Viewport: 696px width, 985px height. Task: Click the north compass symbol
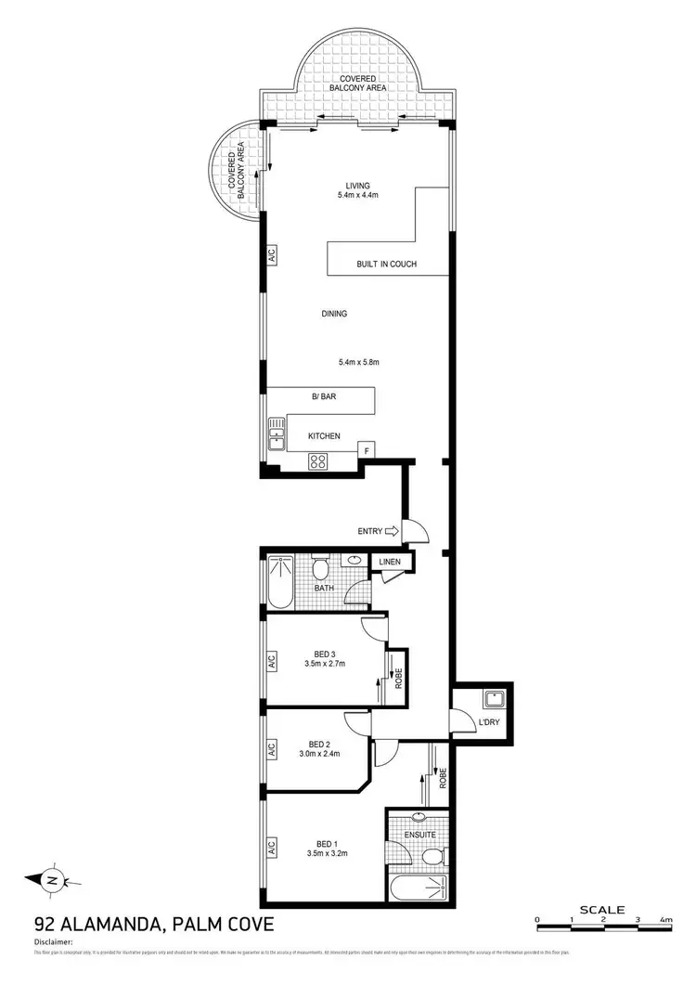point(53,879)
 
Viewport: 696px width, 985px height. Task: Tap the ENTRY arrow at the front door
point(391,531)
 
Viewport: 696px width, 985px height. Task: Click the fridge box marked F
point(367,451)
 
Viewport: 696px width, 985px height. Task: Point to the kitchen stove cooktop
point(317,460)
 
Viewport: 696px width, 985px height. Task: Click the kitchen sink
point(276,434)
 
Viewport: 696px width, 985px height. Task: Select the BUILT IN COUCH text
point(386,265)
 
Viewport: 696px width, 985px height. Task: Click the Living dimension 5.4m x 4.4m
point(358,196)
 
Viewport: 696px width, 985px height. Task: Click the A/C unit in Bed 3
point(272,662)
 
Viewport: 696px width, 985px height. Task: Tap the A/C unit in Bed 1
point(272,847)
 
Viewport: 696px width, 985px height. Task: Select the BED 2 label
point(320,744)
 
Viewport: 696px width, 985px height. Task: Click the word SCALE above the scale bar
point(601,910)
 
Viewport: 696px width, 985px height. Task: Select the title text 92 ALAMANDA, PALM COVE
point(153,925)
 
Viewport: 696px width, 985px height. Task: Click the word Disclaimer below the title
point(53,940)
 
